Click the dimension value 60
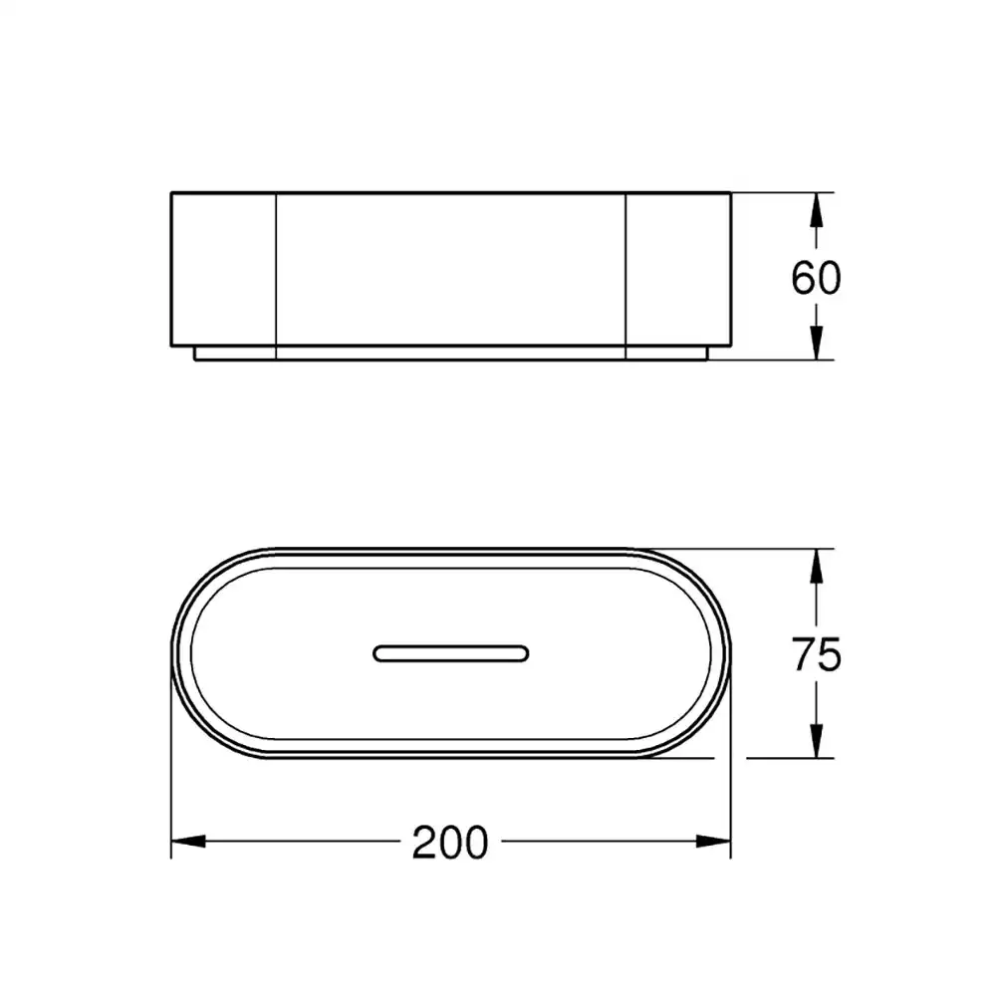click(816, 278)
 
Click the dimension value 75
click(817, 654)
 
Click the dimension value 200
click(450, 843)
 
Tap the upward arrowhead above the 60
click(817, 209)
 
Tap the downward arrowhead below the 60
click(817, 343)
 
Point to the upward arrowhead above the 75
click(817, 566)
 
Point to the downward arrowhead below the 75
click(817, 741)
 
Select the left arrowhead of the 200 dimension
click(188, 841)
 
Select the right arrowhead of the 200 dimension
click(713, 841)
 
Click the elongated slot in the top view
click(450, 653)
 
